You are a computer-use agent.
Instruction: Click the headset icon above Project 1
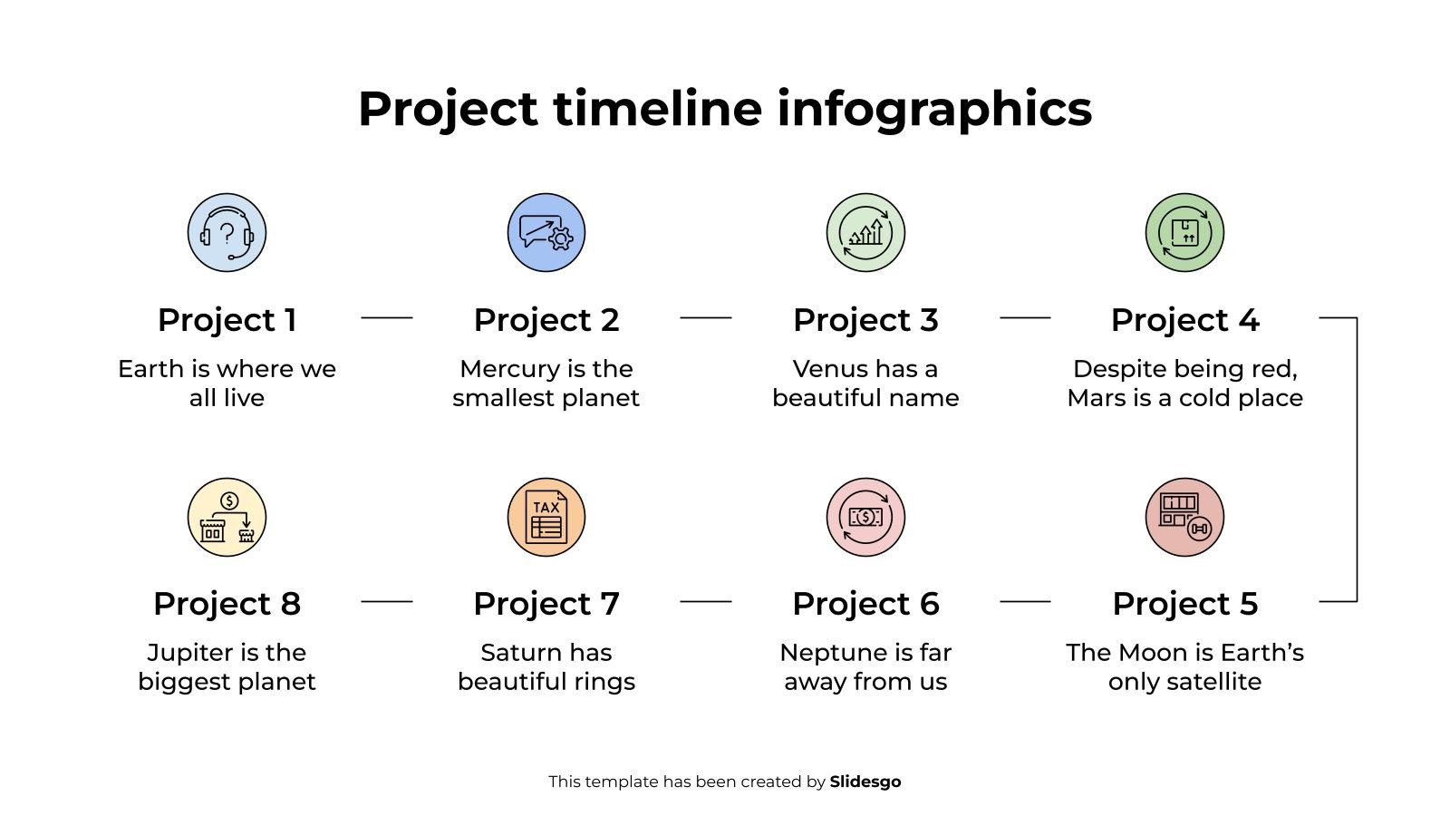click(227, 232)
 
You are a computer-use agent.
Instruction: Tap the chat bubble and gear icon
click(546, 232)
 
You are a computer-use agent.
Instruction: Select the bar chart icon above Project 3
click(865, 232)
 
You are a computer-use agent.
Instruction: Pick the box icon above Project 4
click(1184, 232)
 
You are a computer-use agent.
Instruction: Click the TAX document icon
click(546, 517)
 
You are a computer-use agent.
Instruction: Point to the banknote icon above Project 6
click(865, 517)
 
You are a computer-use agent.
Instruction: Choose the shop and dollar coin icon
click(227, 517)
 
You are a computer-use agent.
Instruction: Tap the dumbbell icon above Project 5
click(1184, 517)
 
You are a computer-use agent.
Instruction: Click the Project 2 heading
click(546, 320)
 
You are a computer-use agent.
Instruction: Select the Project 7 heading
click(546, 604)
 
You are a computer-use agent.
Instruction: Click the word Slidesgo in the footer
click(865, 782)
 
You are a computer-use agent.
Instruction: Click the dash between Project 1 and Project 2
click(387, 318)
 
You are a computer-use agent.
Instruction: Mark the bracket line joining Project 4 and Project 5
click(1357, 459)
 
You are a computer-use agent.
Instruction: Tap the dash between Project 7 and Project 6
click(706, 601)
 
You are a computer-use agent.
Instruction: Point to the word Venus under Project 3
click(826, 369)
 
